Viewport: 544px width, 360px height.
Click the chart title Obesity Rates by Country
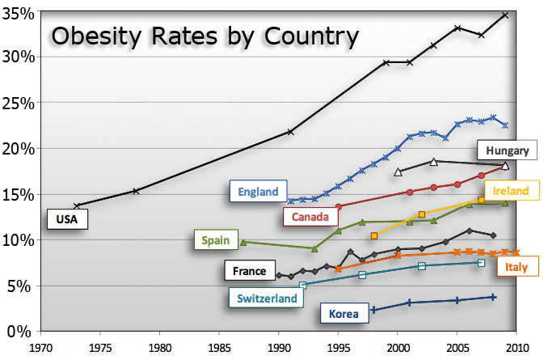click(205, 36)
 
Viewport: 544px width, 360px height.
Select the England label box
click(258, 192)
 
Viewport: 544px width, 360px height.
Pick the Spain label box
click(217, 240)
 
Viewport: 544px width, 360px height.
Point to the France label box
click(248, 271)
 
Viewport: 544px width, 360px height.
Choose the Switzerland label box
click(267, 299)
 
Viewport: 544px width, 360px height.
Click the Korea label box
click(344, 312)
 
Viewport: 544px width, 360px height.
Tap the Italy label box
click(516, 268)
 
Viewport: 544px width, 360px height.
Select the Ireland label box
click(511, 191)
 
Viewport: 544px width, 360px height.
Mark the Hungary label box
click(507, 150)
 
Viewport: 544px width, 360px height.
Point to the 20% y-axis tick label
click(19, 149)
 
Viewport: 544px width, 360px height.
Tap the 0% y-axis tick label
click(23, 331)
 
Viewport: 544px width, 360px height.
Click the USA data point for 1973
click(77, 205)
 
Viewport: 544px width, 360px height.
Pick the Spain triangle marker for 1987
click(243, 242)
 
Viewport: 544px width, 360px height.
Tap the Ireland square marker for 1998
click(373, 235)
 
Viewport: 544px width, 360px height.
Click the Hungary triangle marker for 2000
click(398, 172)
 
